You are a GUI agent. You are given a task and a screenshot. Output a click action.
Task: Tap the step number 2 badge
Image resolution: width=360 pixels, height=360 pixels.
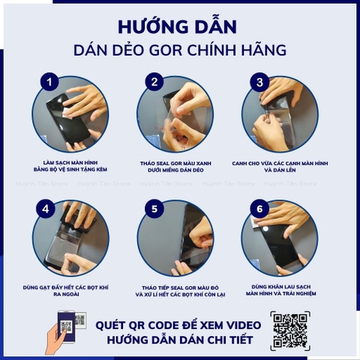[x=155, y=82]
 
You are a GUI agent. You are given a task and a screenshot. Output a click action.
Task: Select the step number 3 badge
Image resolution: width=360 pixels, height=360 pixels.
[x=260, y=82]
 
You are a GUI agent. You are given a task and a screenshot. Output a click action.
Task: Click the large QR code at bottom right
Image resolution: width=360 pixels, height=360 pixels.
[x=289, y=330]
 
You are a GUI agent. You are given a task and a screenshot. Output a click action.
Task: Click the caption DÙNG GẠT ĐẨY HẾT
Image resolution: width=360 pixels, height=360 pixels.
[x=71, y=288]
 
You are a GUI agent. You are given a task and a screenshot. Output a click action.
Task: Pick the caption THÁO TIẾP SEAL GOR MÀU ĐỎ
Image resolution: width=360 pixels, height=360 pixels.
[x=177, y=288]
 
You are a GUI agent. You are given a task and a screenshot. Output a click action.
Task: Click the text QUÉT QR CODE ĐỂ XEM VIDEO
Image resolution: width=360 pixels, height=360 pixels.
[x=178, y=324]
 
